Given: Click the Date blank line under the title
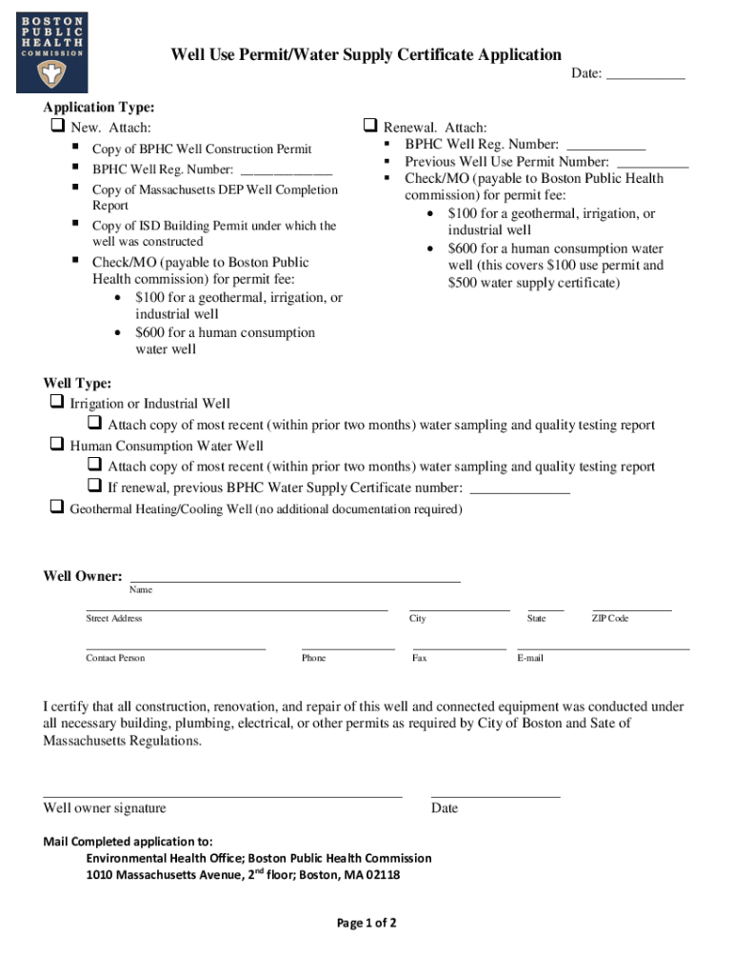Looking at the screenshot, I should (645, 76).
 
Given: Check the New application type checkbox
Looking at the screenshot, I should (57, 127).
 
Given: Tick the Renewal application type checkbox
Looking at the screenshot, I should (370, 126).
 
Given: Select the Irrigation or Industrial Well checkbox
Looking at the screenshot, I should (57, 403).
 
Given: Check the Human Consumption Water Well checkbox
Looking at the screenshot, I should (57, 445).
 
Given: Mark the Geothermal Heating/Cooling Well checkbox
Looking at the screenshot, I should (57, 507).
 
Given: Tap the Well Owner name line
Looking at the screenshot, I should (295, 579).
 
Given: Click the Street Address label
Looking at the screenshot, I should (114, 619).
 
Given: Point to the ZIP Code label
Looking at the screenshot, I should (610, 619).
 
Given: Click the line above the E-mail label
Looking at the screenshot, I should (604, 647).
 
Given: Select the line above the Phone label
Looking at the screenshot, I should (347, 647).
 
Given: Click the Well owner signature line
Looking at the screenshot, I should (223, 795).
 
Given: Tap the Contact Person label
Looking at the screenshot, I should (115, 658).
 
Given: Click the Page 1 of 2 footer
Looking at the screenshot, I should (366, 923).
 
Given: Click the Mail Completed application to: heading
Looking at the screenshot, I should (129, 842).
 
